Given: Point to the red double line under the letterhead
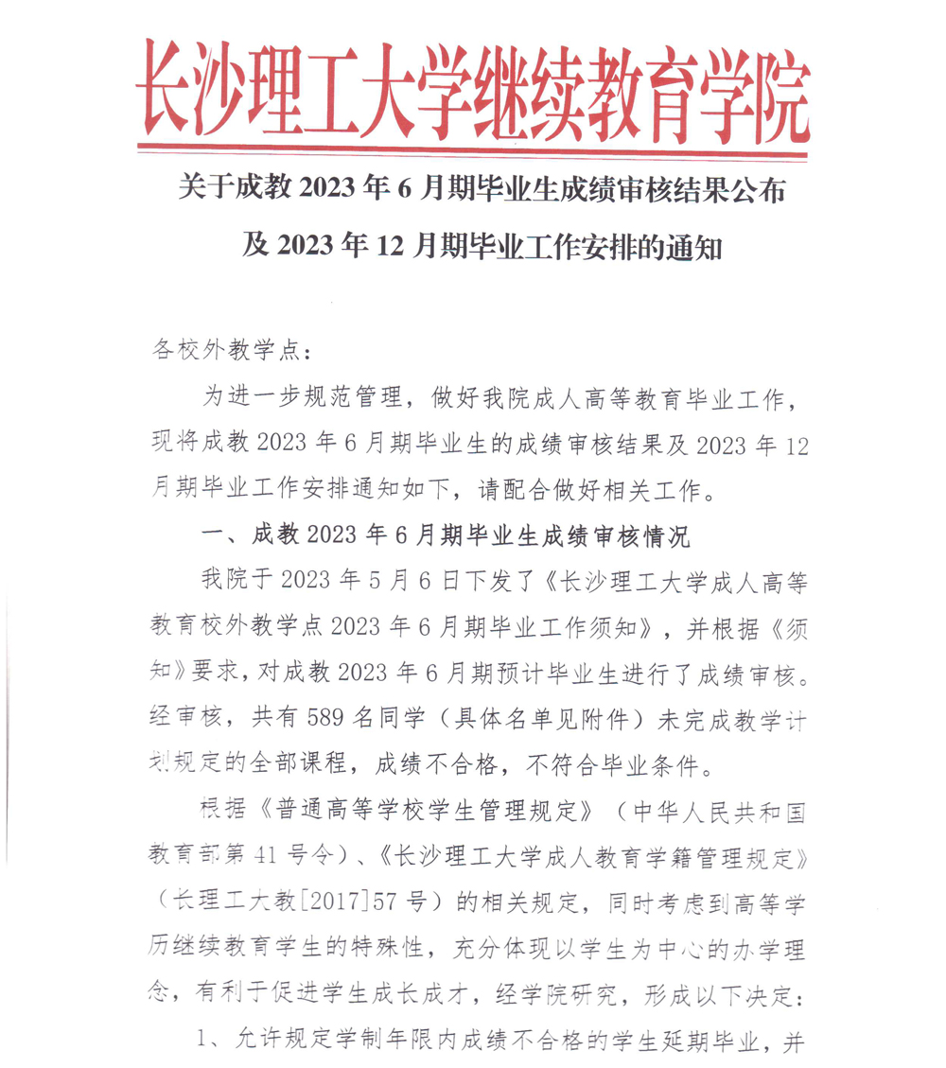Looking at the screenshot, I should coord(473,149).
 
